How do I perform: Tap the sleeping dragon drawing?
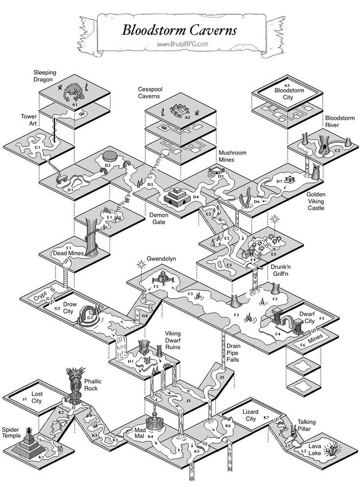(x=75, y=92)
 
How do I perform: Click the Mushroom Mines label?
(x=232, y=156)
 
